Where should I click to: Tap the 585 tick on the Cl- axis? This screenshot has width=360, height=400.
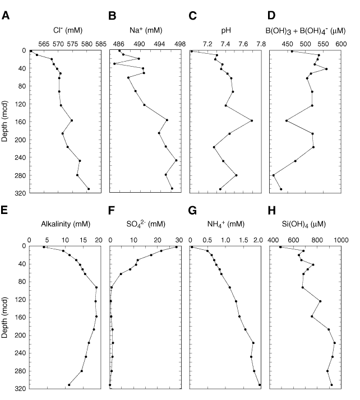[101, 43]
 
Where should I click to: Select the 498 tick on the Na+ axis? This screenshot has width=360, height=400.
[180, 43]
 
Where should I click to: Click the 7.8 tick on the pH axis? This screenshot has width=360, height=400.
[261, 43]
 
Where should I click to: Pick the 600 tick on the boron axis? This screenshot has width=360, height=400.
[341, 43]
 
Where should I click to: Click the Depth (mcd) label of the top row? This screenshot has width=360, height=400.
[6, 122]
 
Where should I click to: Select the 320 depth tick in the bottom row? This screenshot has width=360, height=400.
[21, 389]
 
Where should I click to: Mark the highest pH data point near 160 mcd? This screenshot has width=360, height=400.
[252, 120]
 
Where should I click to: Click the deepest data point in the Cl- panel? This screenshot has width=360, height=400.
[89, 189]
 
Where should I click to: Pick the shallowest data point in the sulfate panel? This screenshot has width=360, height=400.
[176, 246]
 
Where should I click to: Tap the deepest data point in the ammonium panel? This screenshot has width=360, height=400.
[260, 385]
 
